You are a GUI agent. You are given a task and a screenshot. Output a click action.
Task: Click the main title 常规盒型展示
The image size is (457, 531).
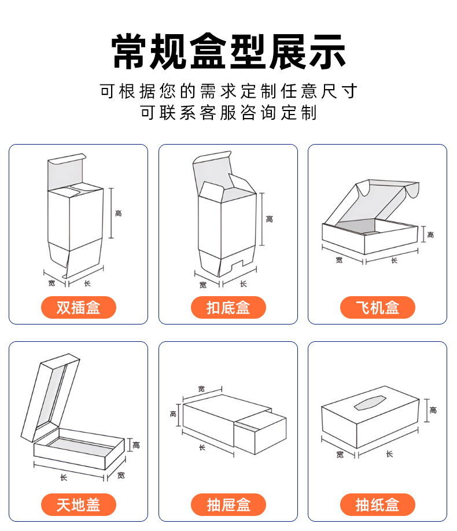(228, 53)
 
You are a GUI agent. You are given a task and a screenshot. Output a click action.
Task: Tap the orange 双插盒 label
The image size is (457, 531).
(78, 308)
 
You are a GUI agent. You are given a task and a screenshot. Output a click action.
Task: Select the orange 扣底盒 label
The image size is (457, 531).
(228, 308)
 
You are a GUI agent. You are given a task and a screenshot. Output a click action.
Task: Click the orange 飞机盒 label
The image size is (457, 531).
(377, 308)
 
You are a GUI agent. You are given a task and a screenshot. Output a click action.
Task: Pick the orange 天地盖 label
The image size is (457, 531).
(78, 505)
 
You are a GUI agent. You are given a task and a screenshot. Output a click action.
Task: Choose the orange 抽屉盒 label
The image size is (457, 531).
(228, 505)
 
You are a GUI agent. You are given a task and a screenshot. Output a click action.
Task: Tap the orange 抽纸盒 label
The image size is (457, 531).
(377, 505)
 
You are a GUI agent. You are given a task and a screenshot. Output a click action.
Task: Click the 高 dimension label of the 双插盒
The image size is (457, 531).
(119, 214)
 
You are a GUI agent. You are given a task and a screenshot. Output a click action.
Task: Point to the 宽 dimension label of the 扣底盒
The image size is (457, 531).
(202, 285)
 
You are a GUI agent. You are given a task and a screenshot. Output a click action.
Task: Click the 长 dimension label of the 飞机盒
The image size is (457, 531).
(394, 260)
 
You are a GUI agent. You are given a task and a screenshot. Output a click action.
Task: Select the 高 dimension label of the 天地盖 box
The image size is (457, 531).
(136, 445)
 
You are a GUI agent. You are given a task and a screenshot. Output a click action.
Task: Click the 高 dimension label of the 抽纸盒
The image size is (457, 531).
(433, 410)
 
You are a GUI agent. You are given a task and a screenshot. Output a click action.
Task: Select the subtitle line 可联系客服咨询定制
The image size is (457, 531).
(228, 112)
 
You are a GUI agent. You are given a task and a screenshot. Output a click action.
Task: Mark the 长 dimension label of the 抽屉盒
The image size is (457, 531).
(202, 447)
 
